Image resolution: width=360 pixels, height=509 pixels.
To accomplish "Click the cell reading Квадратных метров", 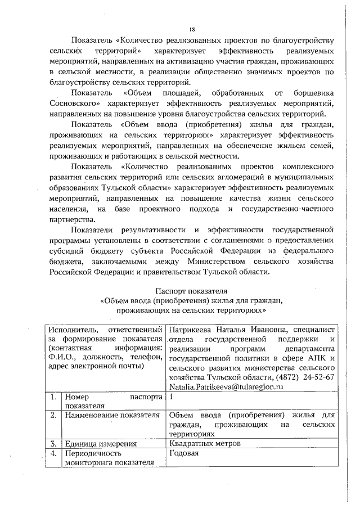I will [x=205, y=443].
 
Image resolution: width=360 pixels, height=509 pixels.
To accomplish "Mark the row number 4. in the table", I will [x=54, y=453].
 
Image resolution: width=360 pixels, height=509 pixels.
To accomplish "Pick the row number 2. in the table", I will [x=54, y=416].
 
